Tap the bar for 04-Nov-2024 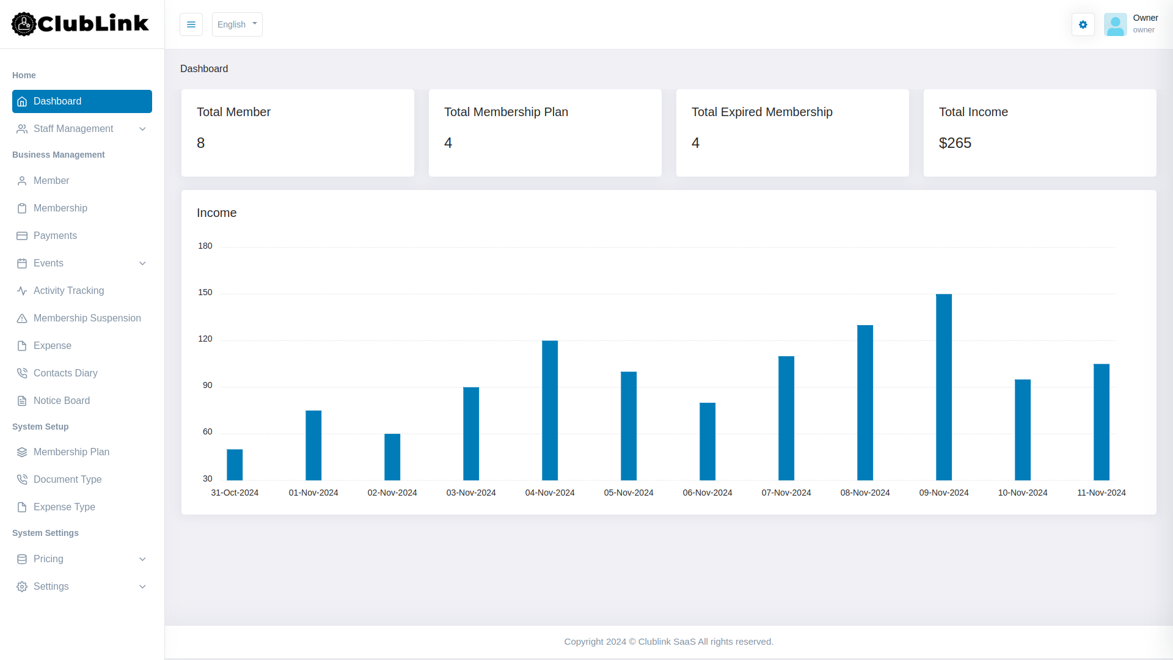click(x=550, y=410)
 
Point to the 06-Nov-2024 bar click(x=707, y=441)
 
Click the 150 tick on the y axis click(x=205, y=292)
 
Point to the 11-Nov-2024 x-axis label click(x=1101, y=493)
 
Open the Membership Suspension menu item click(x=87, y=318)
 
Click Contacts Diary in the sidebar click(x=65, y=373)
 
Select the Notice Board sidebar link click(x=62, y=401)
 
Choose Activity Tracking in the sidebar click(x=68, y=291)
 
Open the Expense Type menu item click(x=64, y=507)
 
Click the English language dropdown click(x=237, y=24)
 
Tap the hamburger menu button click(x=191, y=24)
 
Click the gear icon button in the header click(x=1083, y=24)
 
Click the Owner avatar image click(x=1115, y=24)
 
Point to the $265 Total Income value click(x=955, y=143)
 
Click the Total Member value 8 click(x=200, y=143)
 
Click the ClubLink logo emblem click(x=24, y=24)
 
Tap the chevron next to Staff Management click(x=142, y=129)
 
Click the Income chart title click(x=216, y=213)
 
